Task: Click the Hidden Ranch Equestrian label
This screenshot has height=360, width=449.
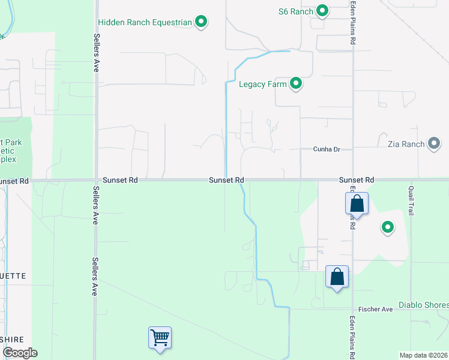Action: pyautogui.click(x=145, y=23)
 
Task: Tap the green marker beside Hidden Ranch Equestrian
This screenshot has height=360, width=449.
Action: pyautogui.click(x=202, y=22)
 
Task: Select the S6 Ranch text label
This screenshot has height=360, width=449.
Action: pyautogui.click(x=297, y=11)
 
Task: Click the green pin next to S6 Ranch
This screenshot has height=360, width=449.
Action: pyautogui.click(x=322, y=10)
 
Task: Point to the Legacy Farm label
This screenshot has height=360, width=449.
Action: pyautogui.click(x=262, y=84)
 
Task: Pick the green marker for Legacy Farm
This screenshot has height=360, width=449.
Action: pyautogui.click(x=295, y=83)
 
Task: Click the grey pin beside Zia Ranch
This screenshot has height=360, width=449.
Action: pyautogui.click(x=434, y=143)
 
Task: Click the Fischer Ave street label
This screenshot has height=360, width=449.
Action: pyautogui.click(x=375, y=309)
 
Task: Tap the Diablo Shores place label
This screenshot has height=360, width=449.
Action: pyautogui.click(x=424, y=304)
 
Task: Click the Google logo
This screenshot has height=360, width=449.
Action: pyautogui.click(x=19, y=352)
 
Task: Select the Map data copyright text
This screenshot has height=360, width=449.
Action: pyautogui.click(x=423, y=355)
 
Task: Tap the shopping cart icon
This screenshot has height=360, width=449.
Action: pyautogui.click(x=160, y=338)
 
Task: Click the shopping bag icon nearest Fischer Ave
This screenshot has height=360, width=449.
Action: pyautogui.click(x=337, y=277)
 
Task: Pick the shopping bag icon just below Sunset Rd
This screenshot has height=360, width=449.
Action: pyautogui.click(x=357, y=203)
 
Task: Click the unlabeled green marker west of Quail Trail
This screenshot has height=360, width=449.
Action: pyautogui.click(x=387, y=227)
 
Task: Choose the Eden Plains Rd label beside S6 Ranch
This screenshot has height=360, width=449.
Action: pyautogui.click(x=354, y=23)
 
